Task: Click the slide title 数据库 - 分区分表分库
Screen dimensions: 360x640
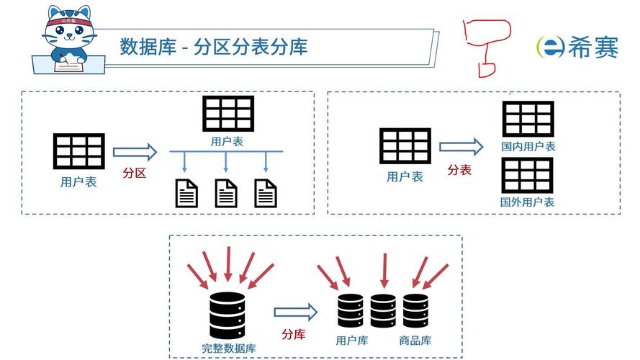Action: [214, 47]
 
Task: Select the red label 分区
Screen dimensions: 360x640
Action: [135, 173]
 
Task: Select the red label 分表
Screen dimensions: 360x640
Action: [459, 170]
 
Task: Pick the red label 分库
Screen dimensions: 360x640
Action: [294, 334]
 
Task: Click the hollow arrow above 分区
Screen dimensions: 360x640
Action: [135, 152]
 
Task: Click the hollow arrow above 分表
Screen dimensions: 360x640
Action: [461, 148]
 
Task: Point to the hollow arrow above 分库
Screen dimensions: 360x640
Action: [295, 312]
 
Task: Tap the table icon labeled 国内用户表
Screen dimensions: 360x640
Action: [528, 119]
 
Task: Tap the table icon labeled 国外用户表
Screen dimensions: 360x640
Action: [528, 175]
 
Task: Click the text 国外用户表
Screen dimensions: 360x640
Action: [528, 202]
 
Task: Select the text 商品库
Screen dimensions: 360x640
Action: [416, 340]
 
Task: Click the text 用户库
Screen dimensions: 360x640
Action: [352, 340]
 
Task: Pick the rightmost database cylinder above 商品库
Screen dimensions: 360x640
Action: [416, 311]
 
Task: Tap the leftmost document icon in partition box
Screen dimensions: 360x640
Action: [186, 194]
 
